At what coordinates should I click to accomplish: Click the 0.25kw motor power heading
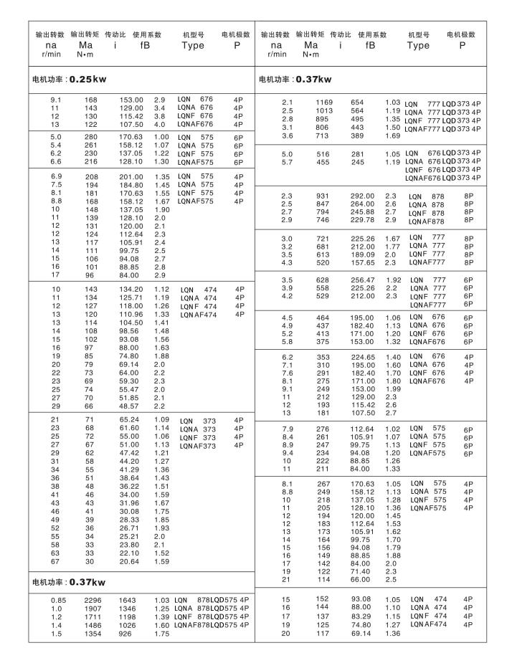tap(70, 79)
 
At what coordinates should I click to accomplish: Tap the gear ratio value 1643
tap(128, 599)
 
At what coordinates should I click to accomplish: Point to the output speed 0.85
tap(55, 599)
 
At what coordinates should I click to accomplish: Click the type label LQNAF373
tap(198, 446)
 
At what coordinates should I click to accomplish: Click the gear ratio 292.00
tap(363, 196)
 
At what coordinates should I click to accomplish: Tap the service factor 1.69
tap(392, 135)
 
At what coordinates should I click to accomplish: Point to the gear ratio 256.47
tap(363, 280)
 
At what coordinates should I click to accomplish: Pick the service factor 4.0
tap(159, 124)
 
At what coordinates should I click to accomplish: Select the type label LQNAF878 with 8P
tap(427, 221)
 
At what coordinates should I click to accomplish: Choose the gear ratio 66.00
tap(361, 579)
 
